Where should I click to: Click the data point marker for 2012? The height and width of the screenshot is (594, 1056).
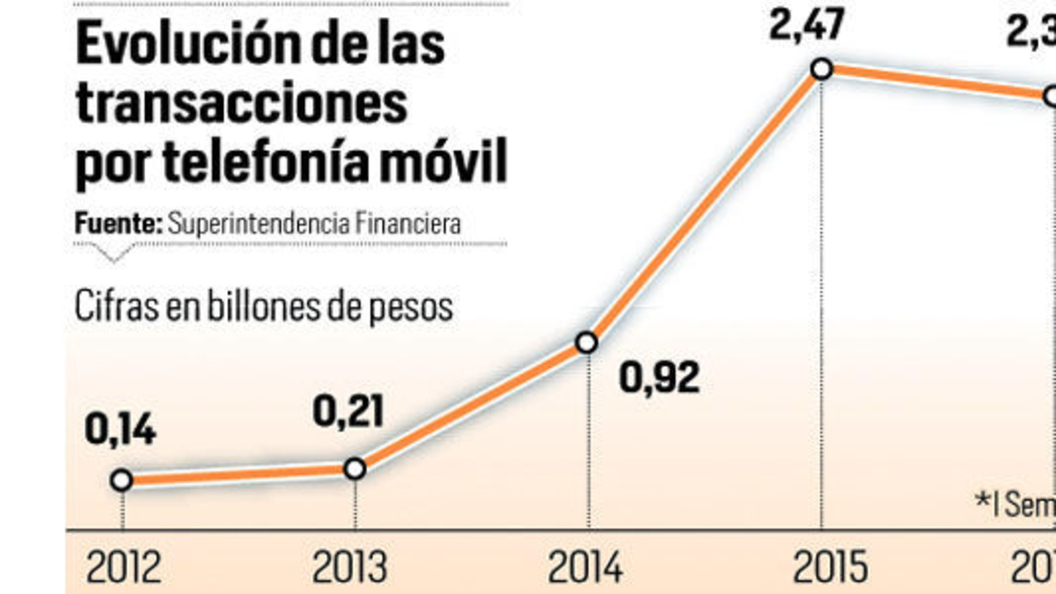click(121, 480)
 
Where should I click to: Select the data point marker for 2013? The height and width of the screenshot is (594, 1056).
click(355, 469)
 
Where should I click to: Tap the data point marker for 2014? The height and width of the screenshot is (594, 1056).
click(587, 342)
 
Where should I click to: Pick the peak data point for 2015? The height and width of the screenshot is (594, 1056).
click(821, 69)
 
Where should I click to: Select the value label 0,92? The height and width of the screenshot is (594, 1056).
click(659, 378)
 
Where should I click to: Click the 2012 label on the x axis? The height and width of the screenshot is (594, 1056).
click(123, 568)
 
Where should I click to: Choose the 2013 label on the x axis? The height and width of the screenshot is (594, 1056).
click(348, 568)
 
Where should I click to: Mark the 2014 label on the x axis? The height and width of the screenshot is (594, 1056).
click(586, 568)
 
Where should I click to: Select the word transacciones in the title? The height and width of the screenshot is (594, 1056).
click(242, 105)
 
